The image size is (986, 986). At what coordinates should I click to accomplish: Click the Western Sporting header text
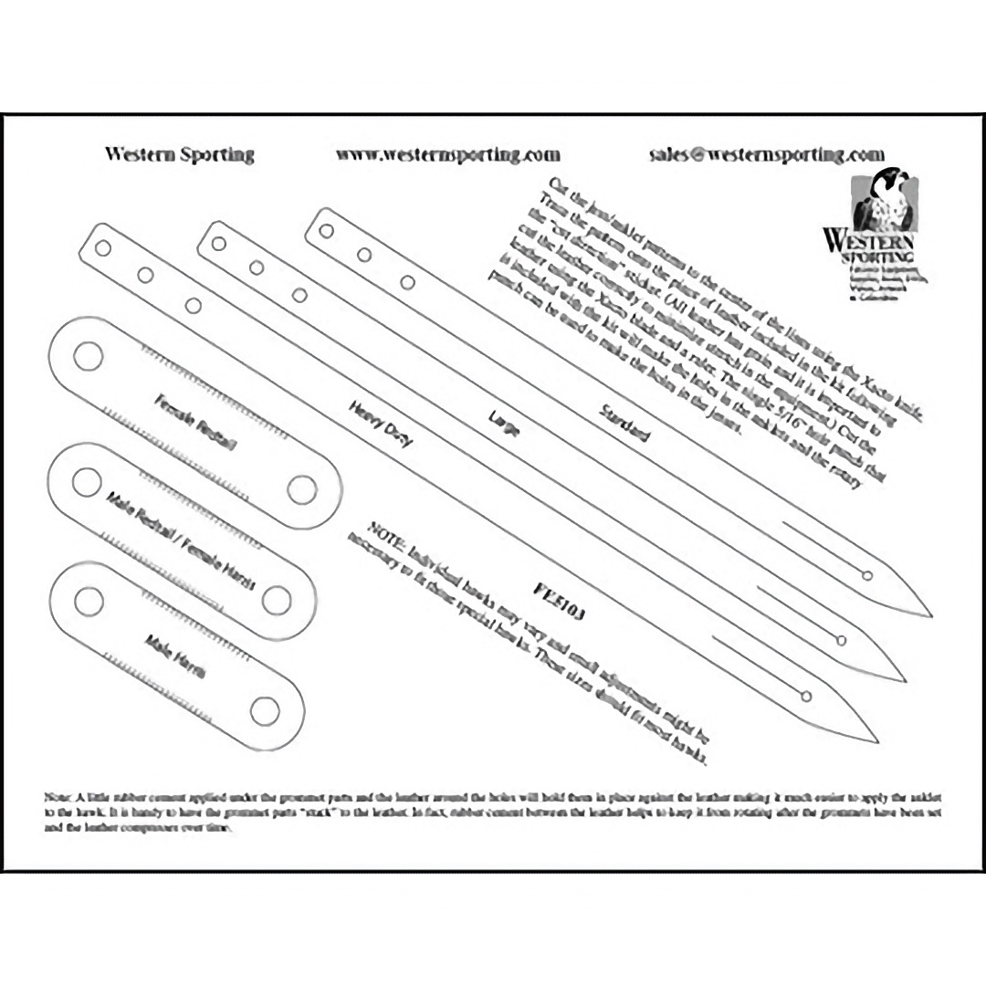click(x=179, y=154)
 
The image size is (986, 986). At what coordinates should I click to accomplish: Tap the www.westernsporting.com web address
click(x=447, y=154)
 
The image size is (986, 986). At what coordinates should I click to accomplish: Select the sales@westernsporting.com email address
click(x=767, y=154)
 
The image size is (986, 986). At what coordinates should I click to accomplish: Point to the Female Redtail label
click(x=195, y=422)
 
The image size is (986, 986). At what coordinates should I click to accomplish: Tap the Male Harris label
click(x=175, y=654)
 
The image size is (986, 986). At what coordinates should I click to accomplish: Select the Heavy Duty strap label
click(x=381, y=425)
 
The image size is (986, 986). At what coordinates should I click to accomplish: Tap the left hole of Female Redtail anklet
click(x=88, y=356)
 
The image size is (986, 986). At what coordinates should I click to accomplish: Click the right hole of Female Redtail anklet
click(x=301, y=489)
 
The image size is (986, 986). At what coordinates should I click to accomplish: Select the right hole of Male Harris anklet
click(x=264, y=711)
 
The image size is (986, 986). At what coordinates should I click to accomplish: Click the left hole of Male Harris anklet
click(x=89, y=600)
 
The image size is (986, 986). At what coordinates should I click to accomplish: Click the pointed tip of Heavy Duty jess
click(x=876, y=739)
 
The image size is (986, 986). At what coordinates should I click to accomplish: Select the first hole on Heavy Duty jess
click(x=102, y=247)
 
